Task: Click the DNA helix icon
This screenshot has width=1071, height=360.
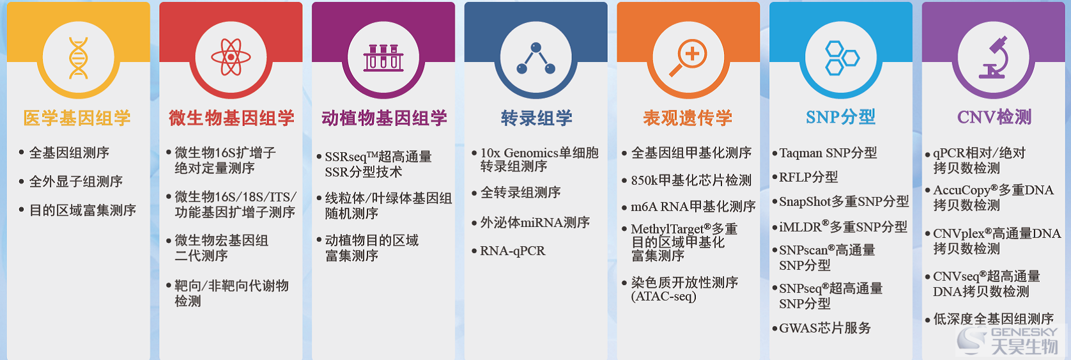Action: [x=78, y=58]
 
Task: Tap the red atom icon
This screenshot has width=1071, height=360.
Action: [x=231, y=57]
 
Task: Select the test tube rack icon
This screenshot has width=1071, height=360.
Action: [x=383, y=58]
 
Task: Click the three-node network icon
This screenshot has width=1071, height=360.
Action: [x=536, y=58]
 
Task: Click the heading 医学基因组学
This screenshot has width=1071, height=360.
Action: [x=77, y=118]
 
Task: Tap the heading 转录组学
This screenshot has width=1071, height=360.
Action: [x=536, y=118]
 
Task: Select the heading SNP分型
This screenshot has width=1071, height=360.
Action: [x=840, y=117]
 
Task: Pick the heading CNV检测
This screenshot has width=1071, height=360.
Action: [x=994, y=117]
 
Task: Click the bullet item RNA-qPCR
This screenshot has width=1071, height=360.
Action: [x=512, y=251]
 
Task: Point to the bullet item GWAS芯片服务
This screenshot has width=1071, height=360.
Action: [x=825, y=328]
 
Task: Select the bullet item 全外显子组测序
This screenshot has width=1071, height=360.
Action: [x=76, y=182]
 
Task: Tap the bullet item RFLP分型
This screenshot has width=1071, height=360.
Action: [x=808, y=177]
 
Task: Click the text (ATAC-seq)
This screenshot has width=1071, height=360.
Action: [x=664, y=296]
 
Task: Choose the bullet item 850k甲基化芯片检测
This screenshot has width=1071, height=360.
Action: [x=691, y=180]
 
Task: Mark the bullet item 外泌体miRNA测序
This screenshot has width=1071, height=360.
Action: [x=535, y=222]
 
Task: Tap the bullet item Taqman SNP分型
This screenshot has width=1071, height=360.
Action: [x=828, y=153]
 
